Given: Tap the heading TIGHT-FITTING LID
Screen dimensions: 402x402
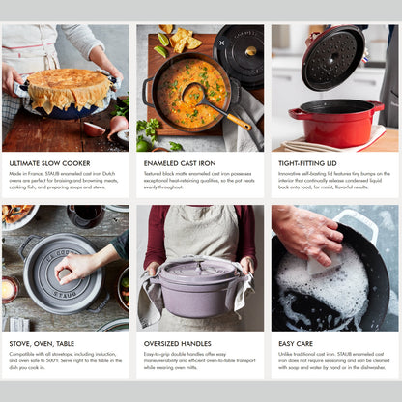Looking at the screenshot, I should click(307, 162).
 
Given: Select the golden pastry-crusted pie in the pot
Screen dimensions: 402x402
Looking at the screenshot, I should click(66, 89).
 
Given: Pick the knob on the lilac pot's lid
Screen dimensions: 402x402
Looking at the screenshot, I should click(199, 263).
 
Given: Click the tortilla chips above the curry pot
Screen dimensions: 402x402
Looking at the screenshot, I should click(179, 39).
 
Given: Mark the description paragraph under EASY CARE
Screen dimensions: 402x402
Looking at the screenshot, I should click(333, 361).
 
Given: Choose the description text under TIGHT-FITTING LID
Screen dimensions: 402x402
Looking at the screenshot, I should click(333, 182).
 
